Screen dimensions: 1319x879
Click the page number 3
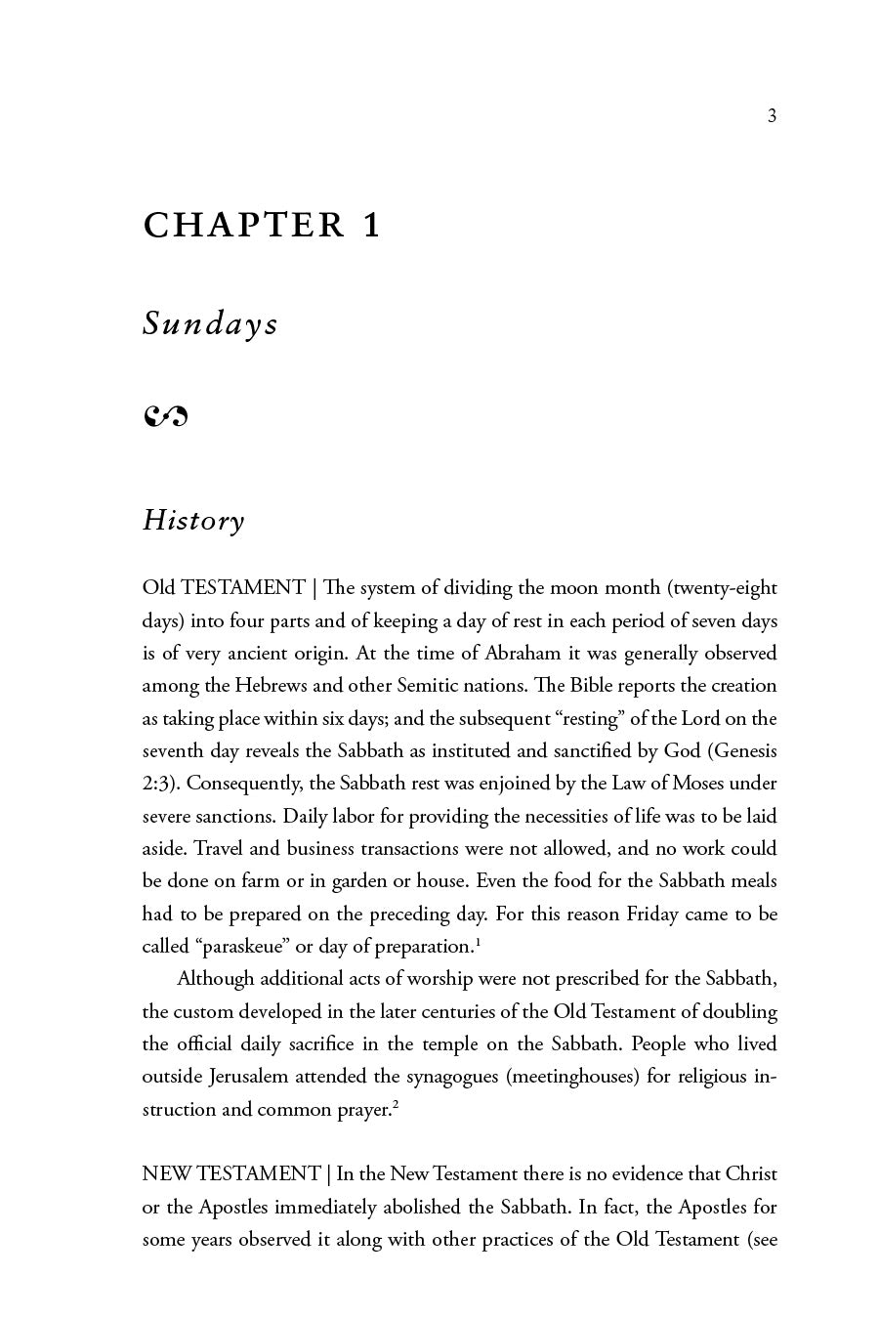point(772,116)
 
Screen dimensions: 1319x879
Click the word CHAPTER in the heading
point(244,226)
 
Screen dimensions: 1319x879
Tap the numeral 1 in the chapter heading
point(371,226)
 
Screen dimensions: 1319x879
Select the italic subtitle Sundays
point(210,323)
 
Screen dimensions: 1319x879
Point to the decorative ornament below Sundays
point(165,417)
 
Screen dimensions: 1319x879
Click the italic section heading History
point(193,520)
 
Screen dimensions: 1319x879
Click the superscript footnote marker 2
point(395,1104)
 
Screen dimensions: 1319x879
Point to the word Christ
point(751,1173)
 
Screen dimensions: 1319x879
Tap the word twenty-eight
point(723,587)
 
